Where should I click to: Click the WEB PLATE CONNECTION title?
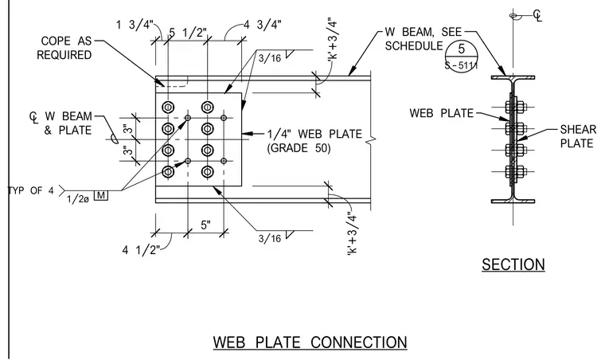coord(310,342)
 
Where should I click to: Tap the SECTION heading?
coord(513,264)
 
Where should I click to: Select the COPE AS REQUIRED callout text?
coord(64,48)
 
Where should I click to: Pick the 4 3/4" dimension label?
coord(263,25)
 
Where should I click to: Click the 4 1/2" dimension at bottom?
coord(141,250)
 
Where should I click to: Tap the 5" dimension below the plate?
coord(206,225)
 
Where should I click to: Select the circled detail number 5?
coord(462,49)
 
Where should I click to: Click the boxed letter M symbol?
coord(101,195)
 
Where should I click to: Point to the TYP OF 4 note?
coord(31,190)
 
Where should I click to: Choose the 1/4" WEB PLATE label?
coord(315,134)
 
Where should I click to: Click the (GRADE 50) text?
coord(299,148)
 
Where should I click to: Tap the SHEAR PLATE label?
coord(578,136)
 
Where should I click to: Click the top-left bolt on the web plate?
coord(168,107)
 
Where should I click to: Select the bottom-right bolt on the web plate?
coord(208,172)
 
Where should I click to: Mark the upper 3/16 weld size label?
coord(270,58)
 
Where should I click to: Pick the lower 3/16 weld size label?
coord(270,238)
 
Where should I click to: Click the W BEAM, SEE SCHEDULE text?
coord(423,38)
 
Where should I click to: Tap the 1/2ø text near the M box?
coord(78,199)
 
